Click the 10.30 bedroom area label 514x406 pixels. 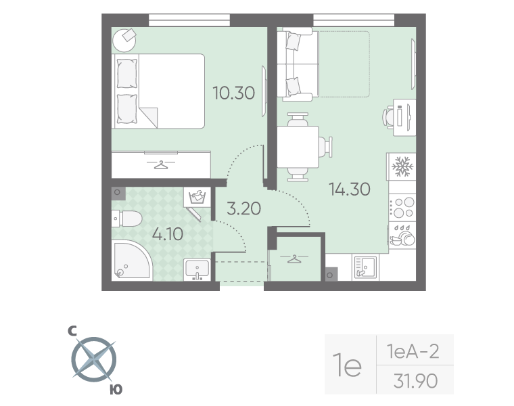click(x=233, y=93)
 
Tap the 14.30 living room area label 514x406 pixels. click(x=349, y=189)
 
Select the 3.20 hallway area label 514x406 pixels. click(x=243, y=208)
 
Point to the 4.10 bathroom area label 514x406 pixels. click(x=168, y=235)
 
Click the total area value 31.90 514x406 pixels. click(x=415, y=381)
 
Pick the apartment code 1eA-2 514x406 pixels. click(x=413, y=351)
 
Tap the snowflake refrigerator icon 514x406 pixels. click(x=402, y=166)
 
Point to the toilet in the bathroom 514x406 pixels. click(x=126, y=218)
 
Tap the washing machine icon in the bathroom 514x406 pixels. click(x=197, y=197)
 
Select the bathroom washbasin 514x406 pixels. click(x=197, y=270)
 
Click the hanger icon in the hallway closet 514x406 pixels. click(x=294, y=258)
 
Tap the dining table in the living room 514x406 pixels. click(x=298, y=147)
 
